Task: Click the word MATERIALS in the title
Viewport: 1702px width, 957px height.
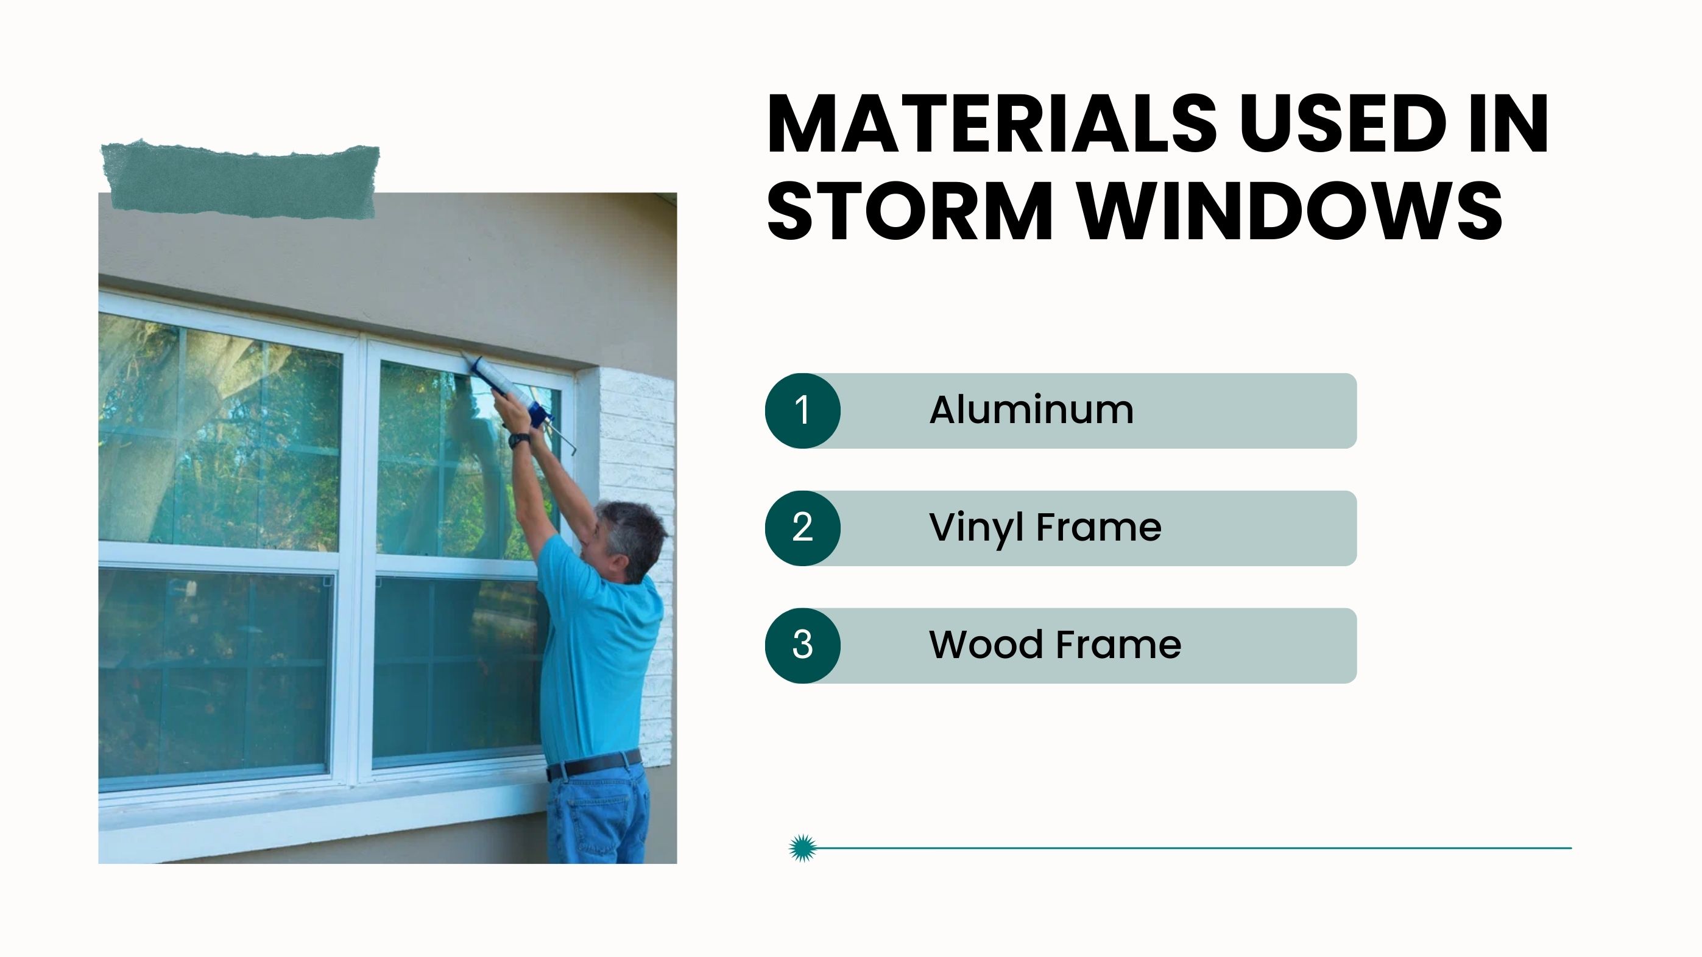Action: pos(992,124)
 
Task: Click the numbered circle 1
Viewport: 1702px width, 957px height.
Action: pos(803,410)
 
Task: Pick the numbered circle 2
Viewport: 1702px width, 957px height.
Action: pos(803,528)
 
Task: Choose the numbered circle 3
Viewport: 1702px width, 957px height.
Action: pos(803,645)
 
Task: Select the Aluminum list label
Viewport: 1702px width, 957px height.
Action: pos(1031,410)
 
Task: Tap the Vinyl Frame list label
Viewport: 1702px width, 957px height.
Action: pos(1045,528)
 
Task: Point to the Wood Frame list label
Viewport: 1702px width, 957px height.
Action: pos(1055,645)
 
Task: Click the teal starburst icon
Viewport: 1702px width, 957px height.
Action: pos(803,848)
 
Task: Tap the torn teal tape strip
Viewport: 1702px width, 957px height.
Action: pos(241,180)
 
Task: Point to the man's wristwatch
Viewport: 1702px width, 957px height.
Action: pos(520,440)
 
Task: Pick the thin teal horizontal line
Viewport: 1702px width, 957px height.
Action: pos(1194,848)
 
